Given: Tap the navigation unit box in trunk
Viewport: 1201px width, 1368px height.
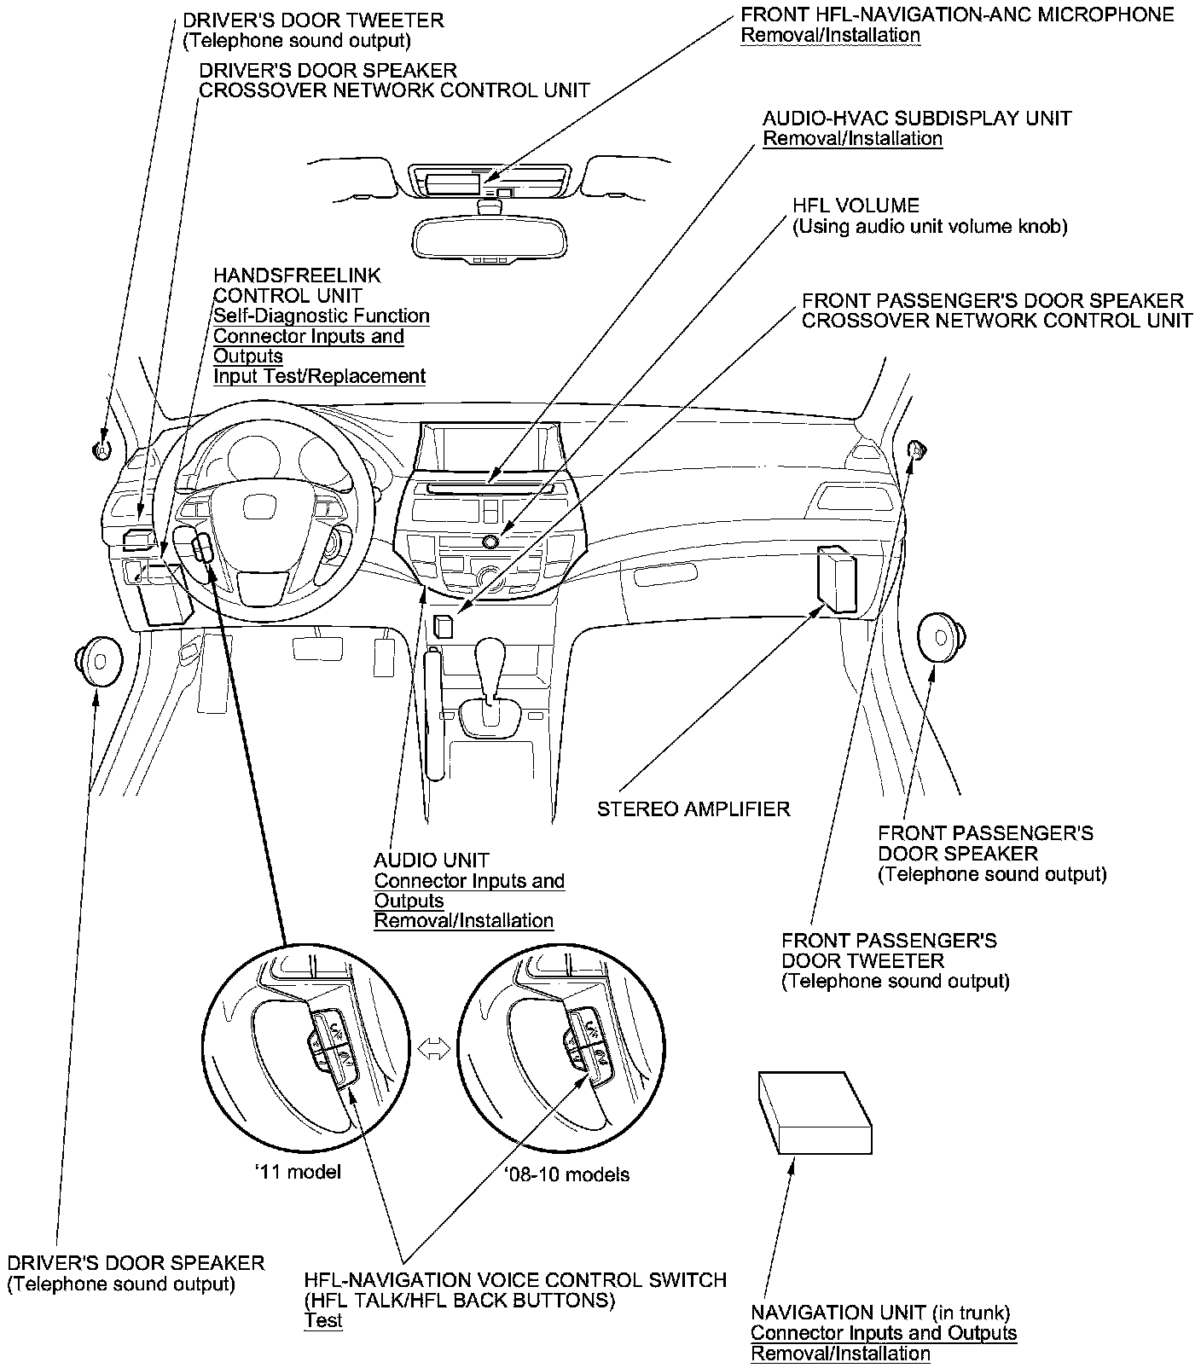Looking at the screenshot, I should click(815, 1113).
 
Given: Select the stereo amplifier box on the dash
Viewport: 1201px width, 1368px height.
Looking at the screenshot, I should click(835, 578).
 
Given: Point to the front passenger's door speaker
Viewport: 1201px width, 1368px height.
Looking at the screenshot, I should click(942, 637).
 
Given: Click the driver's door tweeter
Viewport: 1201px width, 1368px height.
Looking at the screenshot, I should click(102, 449).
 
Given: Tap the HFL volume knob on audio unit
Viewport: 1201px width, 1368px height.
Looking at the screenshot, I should click(490, 541).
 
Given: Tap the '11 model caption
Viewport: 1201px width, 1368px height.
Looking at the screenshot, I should click(298, 1172).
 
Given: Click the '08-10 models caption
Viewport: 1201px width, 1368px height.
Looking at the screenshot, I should click(566, 1174).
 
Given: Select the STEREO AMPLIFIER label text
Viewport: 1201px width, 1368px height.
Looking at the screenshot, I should click(693, 809).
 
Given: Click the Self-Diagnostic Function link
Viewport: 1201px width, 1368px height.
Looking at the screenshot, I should click(321, 316).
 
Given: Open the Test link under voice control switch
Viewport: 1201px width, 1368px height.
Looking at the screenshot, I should click(322, 1320).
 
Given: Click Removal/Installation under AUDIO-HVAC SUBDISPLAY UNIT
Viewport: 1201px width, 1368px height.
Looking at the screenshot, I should click(852, 139).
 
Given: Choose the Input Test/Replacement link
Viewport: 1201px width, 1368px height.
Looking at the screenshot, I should click(319, 376).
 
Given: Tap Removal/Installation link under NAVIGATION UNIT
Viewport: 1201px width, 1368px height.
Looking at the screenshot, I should click(840, 1354).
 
